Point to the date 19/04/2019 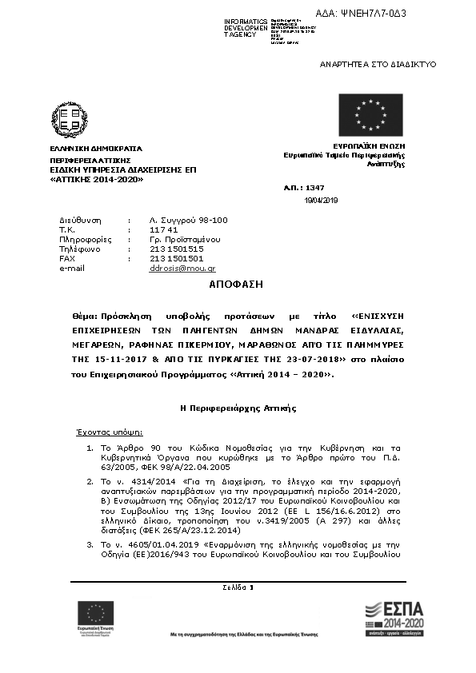(322, 200)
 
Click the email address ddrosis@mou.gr (182, 269)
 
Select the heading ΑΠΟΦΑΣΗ (236, 285)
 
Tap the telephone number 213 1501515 (177, 249)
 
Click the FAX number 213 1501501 (177, 258)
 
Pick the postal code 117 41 (162, 229)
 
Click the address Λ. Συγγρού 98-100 (189, 220)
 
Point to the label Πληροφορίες (84, 239)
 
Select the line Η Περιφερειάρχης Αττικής (238, 408)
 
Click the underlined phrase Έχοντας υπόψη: (109, 431)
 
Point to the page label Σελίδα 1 (238, 587)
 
